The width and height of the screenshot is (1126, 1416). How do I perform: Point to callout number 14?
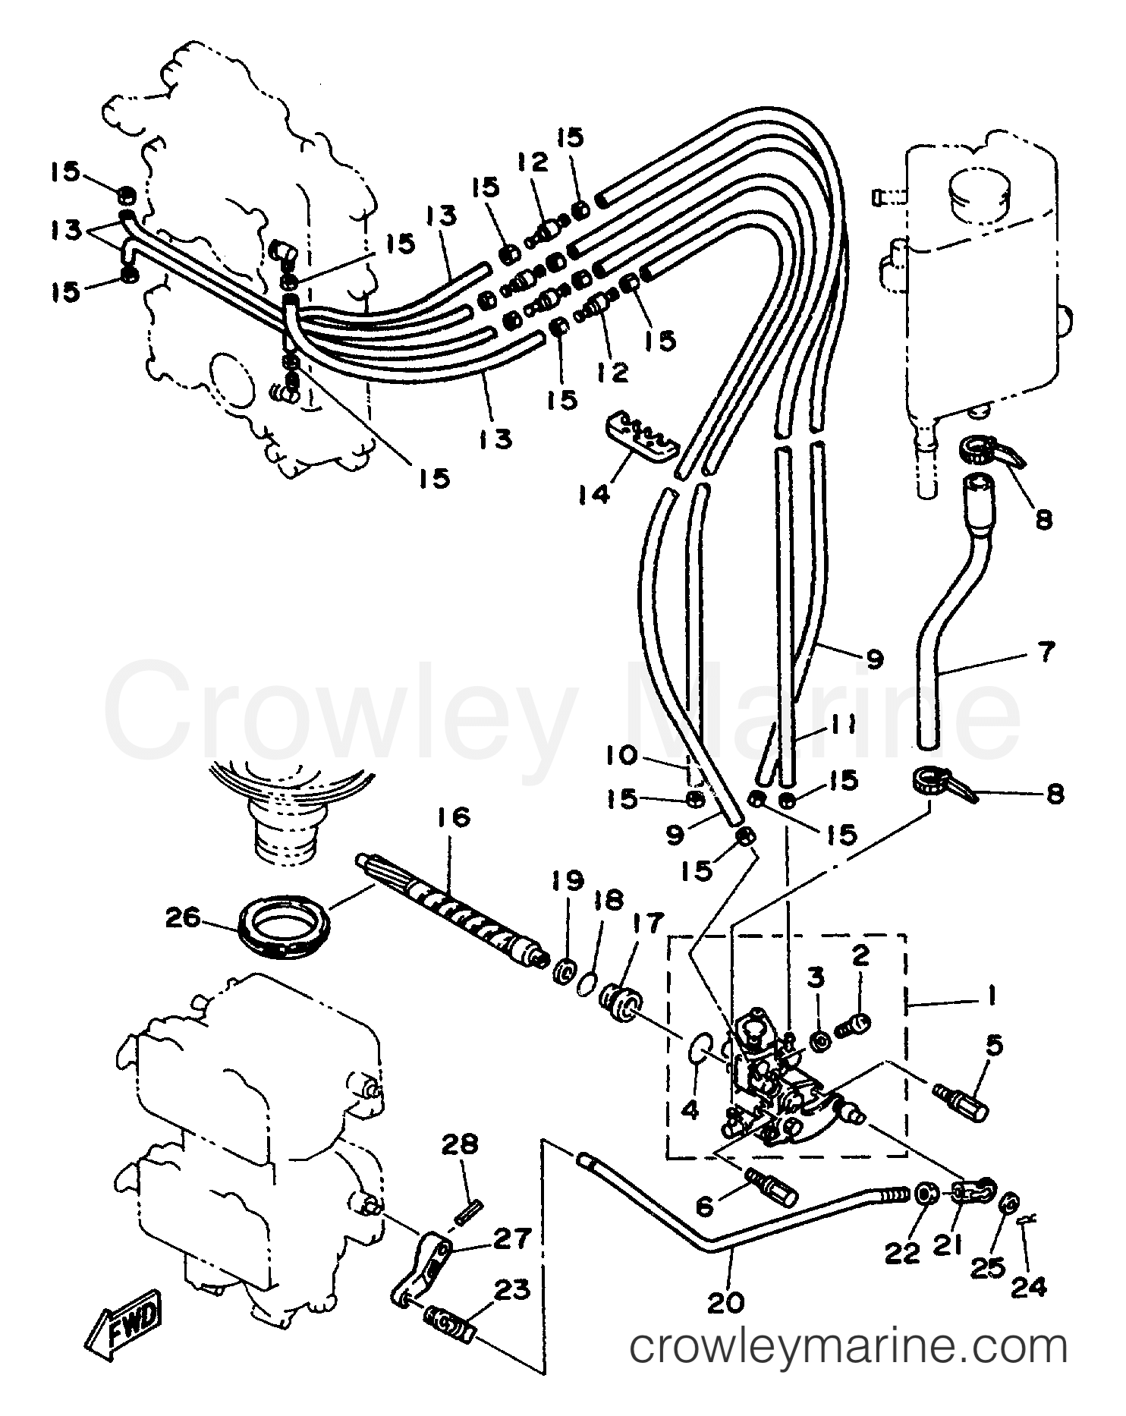point(594,494)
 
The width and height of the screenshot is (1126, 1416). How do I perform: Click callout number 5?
point(994,1044)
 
